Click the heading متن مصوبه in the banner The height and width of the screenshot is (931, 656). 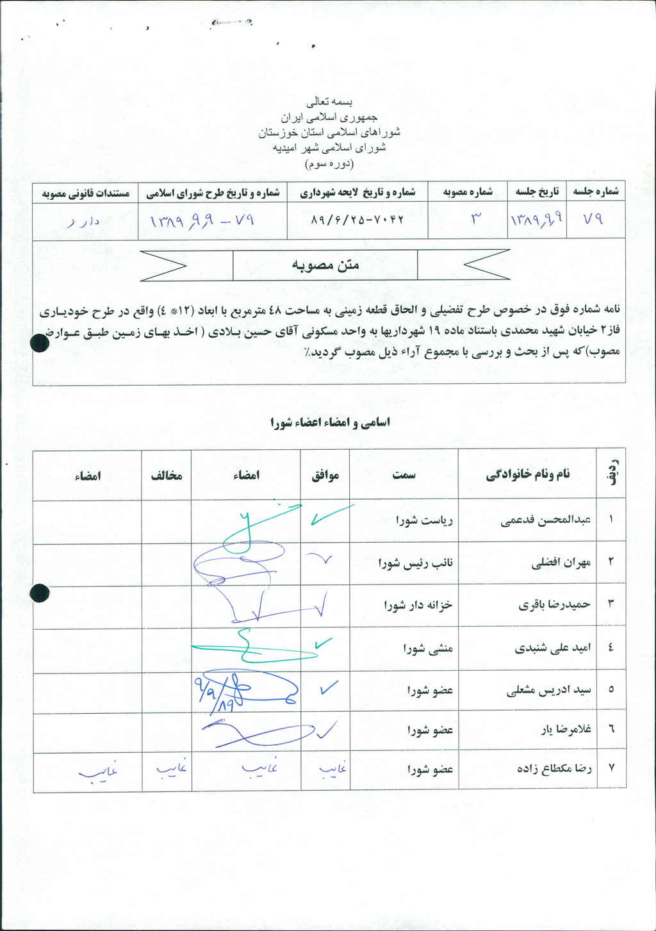[x=325, y=265]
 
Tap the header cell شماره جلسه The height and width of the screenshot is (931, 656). [x=596, y=192]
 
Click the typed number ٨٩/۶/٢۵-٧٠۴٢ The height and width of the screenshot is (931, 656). [x=357, y=219]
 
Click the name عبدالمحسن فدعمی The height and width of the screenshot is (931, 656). [x=545, y=520]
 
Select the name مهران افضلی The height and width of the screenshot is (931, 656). [x=561, y=563]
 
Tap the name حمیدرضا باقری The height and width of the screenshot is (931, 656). [x=554, y=604]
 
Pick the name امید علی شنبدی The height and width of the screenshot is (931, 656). [x=552, y=648]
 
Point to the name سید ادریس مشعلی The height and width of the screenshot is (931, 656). [x=548, y=690]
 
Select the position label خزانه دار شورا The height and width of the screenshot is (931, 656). [x=418, y=605]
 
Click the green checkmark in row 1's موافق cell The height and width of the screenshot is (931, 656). [x=330, y=515]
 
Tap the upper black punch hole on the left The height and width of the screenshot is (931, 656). [x=40, y=344]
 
